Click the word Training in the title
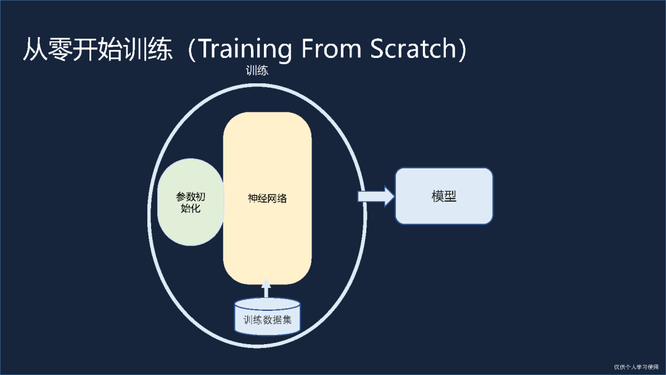coord(244,50)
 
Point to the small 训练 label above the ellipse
coord(257,70)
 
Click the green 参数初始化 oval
coord(190,202)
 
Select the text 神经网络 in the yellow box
coord(267,199)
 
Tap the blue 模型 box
coord(443,196)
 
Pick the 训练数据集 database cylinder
coord(267,317)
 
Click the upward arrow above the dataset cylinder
coord(266,289)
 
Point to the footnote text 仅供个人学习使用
coord(636,367)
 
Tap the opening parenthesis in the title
coord(192,50)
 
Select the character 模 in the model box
coord(437,196)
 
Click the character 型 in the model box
coord(450,196)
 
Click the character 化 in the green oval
coord(195,208)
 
